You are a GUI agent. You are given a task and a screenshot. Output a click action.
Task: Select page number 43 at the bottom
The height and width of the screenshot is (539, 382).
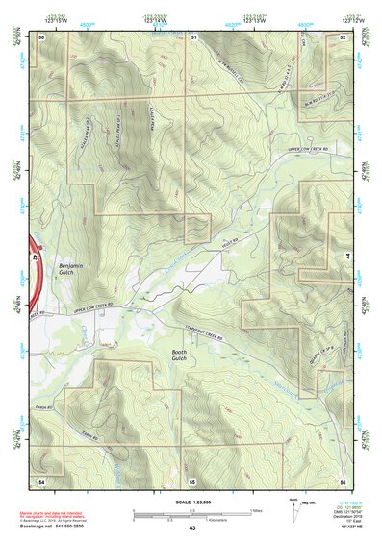(x=191, y=528)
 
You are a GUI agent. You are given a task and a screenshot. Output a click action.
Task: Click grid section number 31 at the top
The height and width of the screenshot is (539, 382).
(x=193, y=37)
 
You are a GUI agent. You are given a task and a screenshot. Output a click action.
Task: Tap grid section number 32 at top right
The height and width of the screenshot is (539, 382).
(x=344, y=37)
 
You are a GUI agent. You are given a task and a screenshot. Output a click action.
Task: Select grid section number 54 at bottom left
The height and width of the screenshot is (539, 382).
(x=41, y=480)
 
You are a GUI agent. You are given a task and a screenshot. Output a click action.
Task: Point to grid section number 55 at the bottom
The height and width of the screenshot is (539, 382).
(x=192, y=480)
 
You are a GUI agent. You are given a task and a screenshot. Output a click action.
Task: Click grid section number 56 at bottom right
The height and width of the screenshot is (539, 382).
(x=343, y=480)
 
